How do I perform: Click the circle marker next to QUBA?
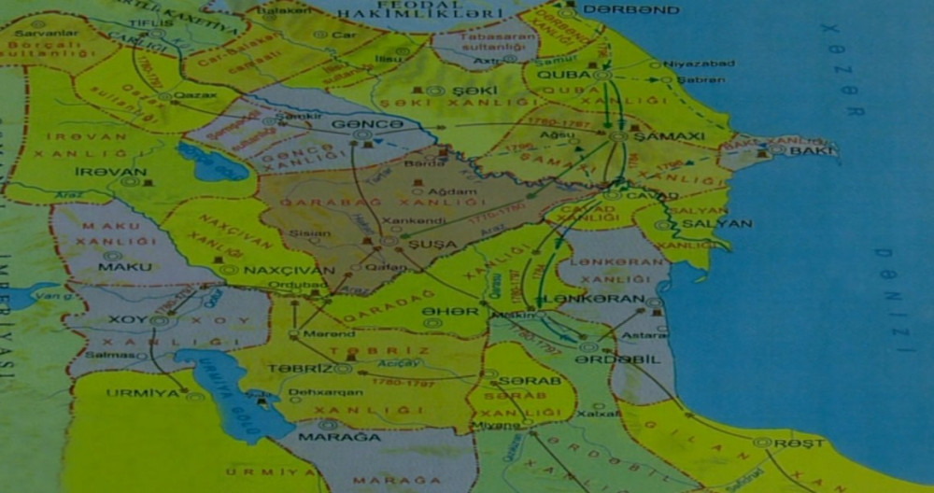click(602, 75)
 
